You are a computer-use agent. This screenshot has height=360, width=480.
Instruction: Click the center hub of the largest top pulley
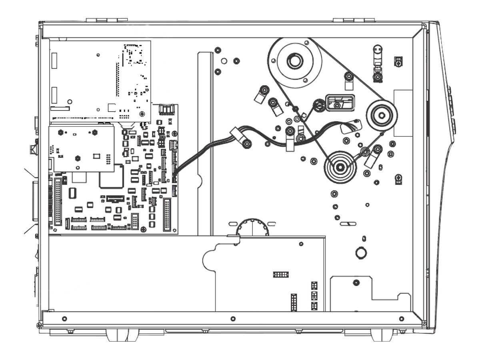tap(295, 62)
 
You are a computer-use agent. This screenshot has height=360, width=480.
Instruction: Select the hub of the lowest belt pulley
tap(340, 167)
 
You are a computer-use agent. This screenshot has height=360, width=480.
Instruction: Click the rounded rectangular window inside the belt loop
tap(340, 103)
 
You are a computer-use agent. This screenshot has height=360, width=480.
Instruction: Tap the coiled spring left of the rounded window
tap(319, 105)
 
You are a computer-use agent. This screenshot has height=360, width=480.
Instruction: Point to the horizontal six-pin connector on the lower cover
tap(281, 274)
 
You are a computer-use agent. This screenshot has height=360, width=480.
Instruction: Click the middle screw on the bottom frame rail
tap(233, 318)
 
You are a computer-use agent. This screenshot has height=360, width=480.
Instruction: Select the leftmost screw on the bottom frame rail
tap(64, 318)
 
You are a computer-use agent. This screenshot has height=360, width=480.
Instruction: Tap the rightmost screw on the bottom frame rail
tap(401, 318)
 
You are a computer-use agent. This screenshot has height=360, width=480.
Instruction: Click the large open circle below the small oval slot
tap(361, 252)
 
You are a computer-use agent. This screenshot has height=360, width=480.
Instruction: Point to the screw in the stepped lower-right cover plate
tap(356, 283)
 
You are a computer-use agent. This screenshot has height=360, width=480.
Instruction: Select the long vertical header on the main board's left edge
tap(58, 202)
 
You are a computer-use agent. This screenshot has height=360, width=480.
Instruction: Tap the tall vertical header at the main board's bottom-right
tap(167, 214)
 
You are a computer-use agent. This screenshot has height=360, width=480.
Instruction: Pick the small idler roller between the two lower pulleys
tap(364, 151)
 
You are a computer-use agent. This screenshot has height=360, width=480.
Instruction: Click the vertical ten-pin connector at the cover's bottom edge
tap(294, 303)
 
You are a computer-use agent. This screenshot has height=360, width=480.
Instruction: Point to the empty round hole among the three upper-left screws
tap(224, 61)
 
